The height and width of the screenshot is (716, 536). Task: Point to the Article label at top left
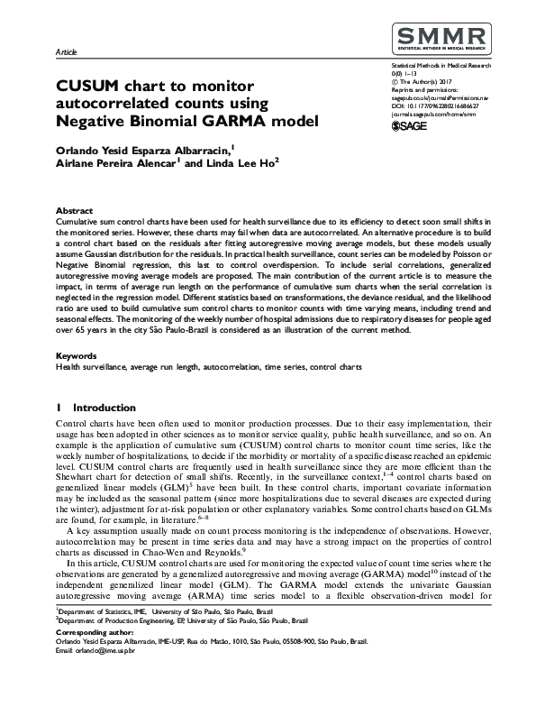pos(67,53)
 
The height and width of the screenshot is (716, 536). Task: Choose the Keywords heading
pos(77,356)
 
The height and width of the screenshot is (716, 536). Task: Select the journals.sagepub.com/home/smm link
pos(433,115)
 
